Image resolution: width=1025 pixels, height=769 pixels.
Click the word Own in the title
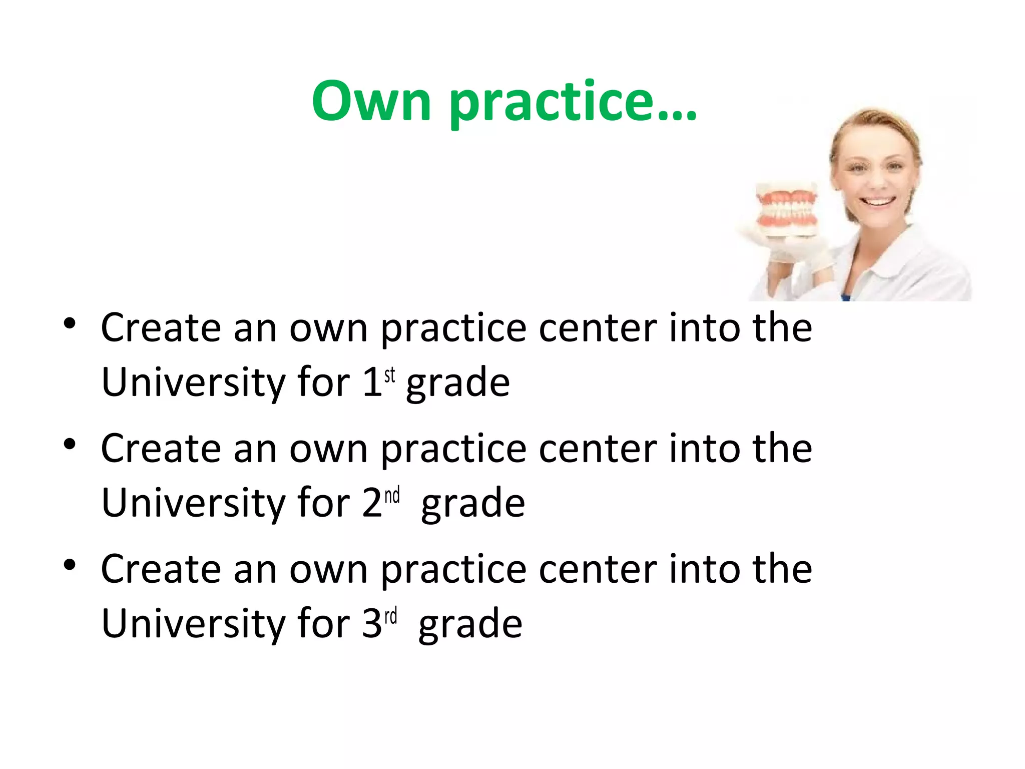[x=371, y=102]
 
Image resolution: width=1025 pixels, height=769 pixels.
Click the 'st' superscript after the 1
[x=389, y=374]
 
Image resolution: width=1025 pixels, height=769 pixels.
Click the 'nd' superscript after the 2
[x=392, y=495]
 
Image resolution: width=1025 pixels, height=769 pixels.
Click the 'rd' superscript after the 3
[x=391, y=616]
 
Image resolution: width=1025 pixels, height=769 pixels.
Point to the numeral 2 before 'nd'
[x=372, y=503]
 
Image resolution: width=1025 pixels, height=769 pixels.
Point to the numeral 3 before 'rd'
[x=372, y=623]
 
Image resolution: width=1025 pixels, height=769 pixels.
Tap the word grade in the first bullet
[x=457, y=383]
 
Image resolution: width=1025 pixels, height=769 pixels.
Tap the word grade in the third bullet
[x=470, y=625]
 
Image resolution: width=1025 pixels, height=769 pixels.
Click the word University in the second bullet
[x=193, y=504]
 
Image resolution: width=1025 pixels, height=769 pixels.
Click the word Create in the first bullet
[x=161, y=328]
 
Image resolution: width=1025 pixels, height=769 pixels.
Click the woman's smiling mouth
[x=879, y=202]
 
